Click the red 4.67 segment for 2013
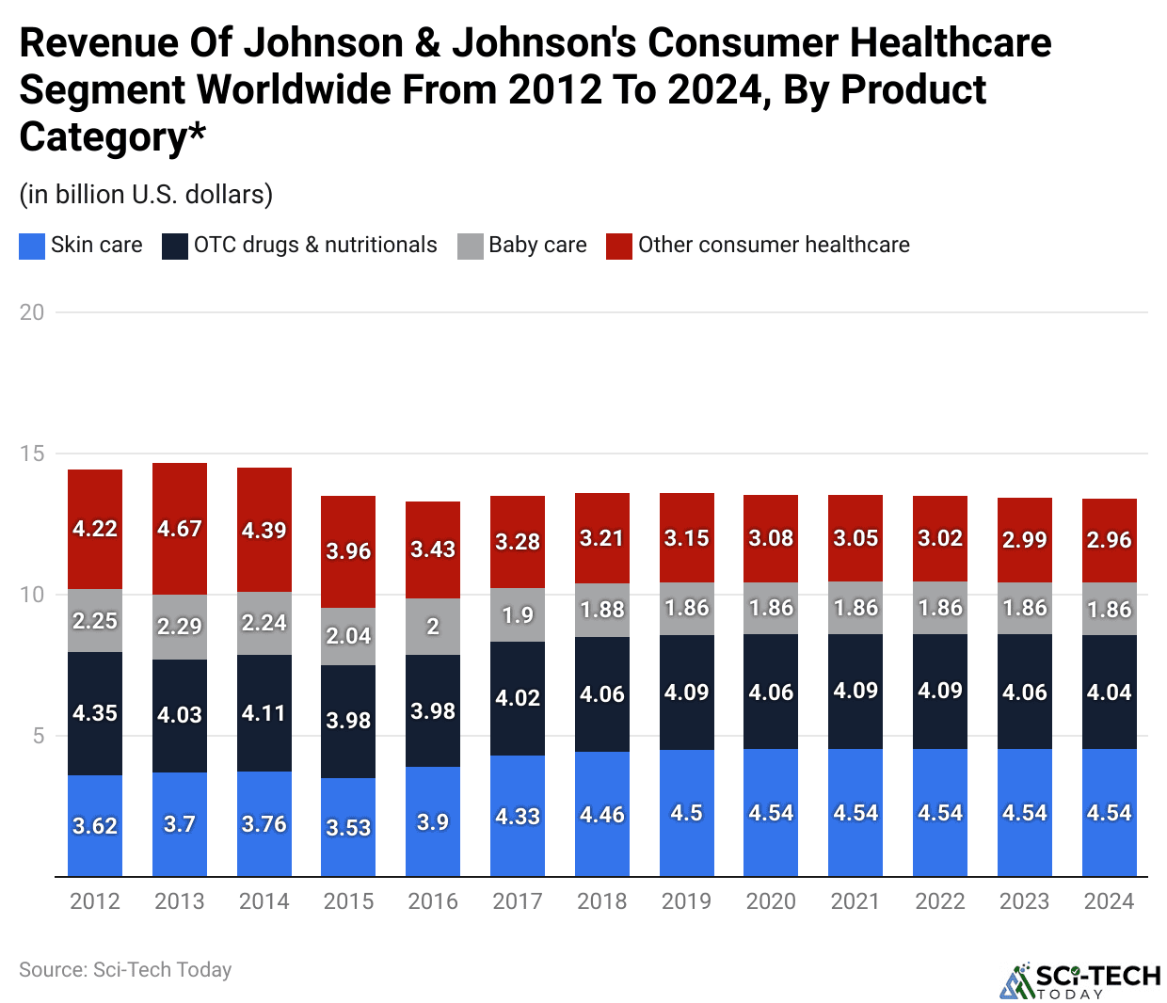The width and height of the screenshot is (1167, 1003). point(179,529)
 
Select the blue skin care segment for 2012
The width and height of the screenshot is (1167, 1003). point(95,825)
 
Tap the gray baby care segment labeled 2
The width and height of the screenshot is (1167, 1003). point(433,627)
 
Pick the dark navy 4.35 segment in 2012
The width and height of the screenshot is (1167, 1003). point(95,712)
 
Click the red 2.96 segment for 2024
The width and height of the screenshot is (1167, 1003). point(1109,540)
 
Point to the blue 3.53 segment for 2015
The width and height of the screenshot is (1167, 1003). point(348,827)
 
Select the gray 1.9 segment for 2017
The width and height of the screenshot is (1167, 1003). point(518,614)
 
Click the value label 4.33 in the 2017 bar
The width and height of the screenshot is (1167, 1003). point(518,816)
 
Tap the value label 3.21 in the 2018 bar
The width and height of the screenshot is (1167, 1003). point(601,538)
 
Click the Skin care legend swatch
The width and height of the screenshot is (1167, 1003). point(32,247)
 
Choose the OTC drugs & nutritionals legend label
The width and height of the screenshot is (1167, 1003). point(315,246)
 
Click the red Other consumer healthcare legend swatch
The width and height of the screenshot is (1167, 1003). point(619,247)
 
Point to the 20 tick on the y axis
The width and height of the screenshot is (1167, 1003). point(32,312)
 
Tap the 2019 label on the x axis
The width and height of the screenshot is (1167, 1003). point(686,901)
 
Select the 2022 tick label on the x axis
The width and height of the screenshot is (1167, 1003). point(939,901)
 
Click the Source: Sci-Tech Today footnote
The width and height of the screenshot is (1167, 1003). point(125,969)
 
